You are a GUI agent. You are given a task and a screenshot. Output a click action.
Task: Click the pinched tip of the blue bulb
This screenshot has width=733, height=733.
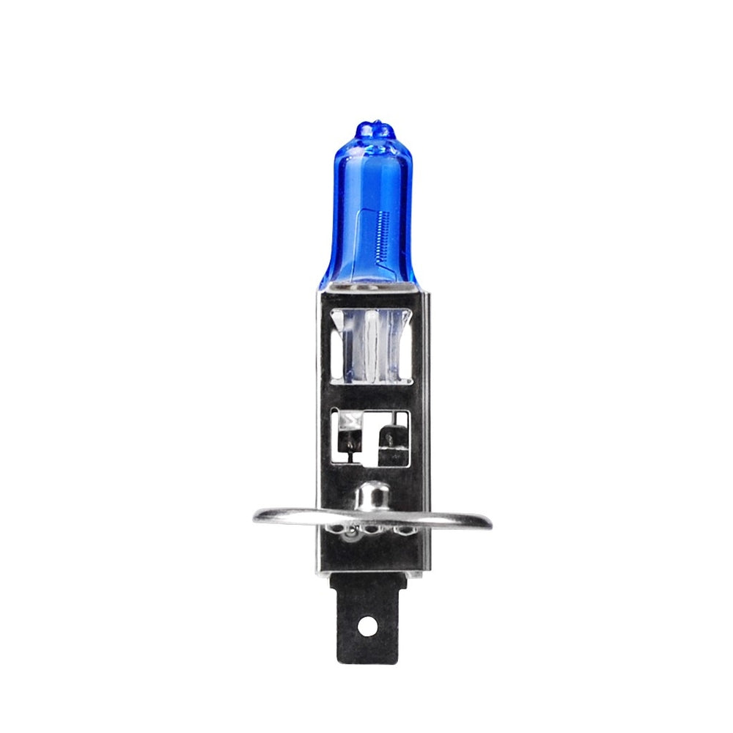point(375,130)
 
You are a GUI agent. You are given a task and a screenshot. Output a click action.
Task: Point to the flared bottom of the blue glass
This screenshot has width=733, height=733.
point(368,275)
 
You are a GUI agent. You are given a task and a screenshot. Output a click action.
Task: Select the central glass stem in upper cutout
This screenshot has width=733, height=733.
point(371,345)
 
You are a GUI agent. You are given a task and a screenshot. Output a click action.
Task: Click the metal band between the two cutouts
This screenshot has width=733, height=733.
point(369,394)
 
